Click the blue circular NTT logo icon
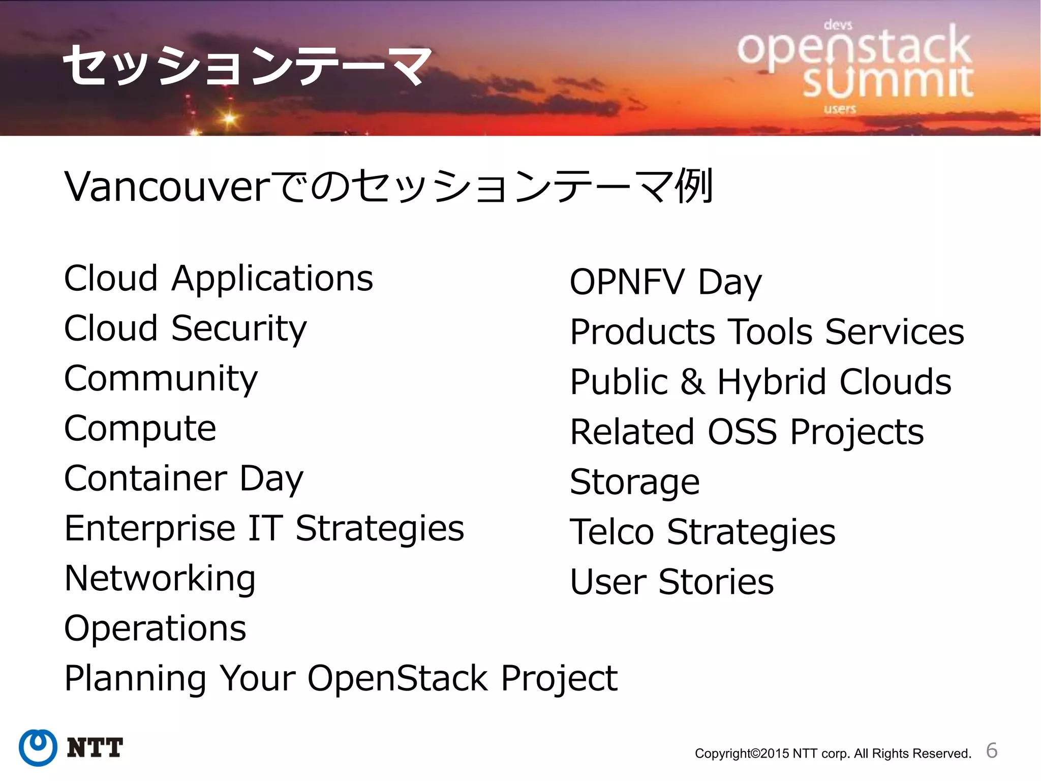(x=38, y=747)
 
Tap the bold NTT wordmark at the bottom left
(x=95, y=748)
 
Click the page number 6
(x=991, y=750)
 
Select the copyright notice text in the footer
(x=833, y=753)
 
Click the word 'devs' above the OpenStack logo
(x=838, y=24)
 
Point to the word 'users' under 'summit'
(x=840, y=109)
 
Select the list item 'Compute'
(x=140, y=429)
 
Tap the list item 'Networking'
(x=160, y=579)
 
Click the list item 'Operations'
(x=155, y=628)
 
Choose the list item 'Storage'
(x=634, y=482)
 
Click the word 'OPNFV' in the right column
(x=627, y=282)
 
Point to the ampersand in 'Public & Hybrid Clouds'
(x=693, y=382)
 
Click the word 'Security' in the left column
(x=239, y=329)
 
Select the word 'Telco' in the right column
(x=612, y=532)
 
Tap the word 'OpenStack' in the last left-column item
(x=397, y=678)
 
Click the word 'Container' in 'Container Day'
(x=145, y=478)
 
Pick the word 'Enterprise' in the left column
(x=150, y=529)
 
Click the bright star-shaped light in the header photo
(x=229, y=119)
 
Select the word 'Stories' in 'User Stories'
(x=716, y=582)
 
